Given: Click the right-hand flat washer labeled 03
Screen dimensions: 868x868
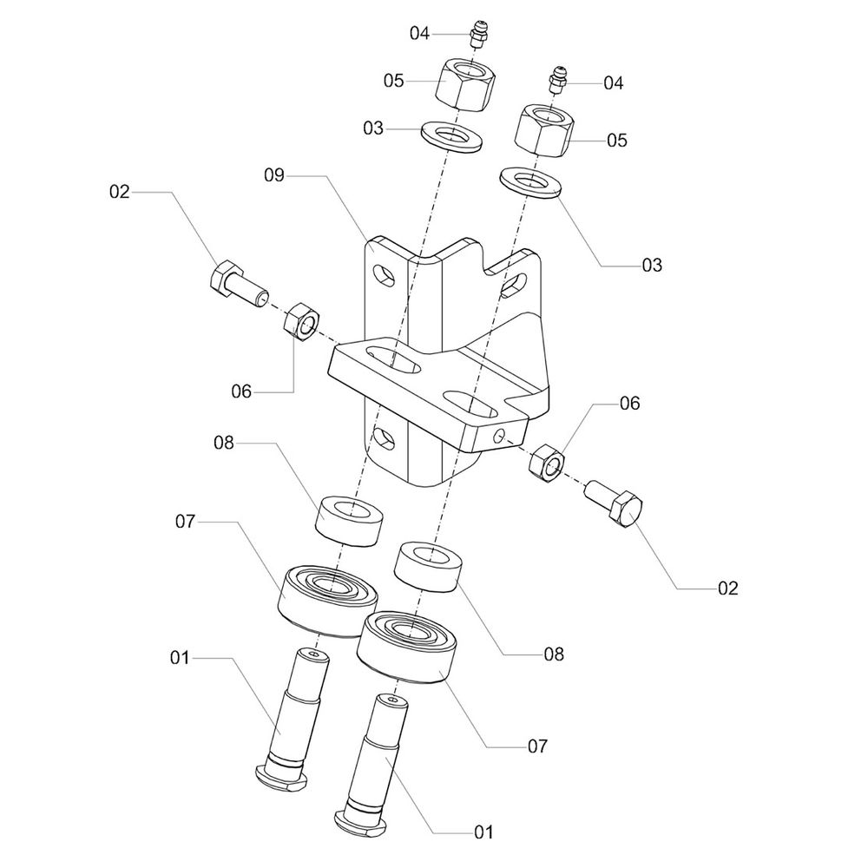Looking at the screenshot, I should [530, 183].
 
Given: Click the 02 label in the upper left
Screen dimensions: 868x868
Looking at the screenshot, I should [119, 192].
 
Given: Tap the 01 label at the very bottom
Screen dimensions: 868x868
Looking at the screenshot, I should [483, 832].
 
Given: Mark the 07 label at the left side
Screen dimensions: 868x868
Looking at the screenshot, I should [187, 522].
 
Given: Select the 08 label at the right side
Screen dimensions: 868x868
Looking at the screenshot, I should [552, 654].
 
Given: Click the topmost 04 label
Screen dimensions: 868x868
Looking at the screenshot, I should [420, 34].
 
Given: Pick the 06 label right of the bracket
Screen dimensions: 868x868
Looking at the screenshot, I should [629, 404].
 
